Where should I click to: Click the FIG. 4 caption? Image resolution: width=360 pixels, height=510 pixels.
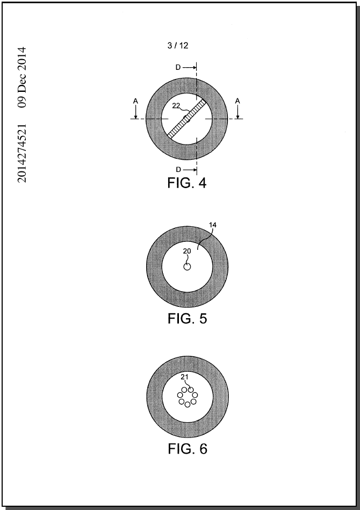[187, 183]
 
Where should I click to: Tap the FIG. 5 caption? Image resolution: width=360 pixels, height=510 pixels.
[188, 319]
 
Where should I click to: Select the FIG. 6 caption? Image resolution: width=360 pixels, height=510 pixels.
[188, 449]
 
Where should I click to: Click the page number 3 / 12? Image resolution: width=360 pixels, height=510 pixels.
[178, 46]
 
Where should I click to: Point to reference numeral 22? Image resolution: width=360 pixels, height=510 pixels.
[176, 106]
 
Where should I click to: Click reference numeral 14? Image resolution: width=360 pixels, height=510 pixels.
[213, 225]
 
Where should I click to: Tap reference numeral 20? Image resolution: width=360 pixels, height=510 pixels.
[187, 251]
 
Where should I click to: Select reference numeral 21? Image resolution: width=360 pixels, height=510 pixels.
[185, 377]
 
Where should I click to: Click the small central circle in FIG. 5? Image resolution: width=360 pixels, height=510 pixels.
[187, 267]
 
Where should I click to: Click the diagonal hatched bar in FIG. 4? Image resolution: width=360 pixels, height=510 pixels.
[187, 119]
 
